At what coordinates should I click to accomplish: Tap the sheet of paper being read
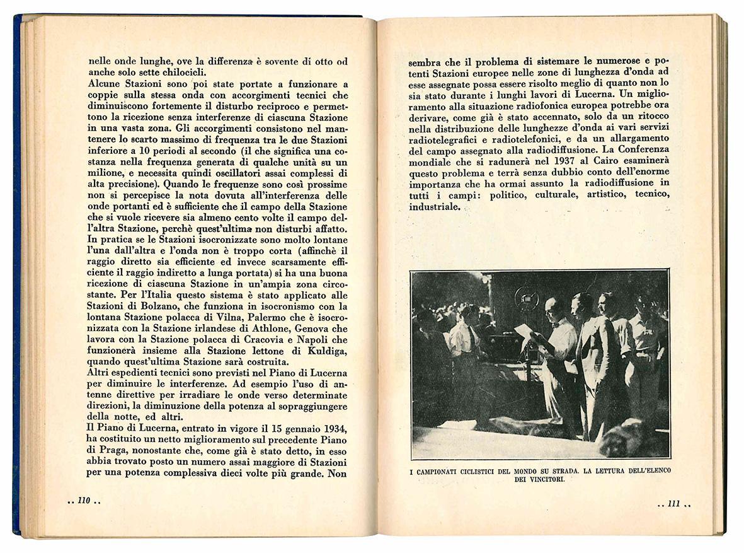524,331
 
